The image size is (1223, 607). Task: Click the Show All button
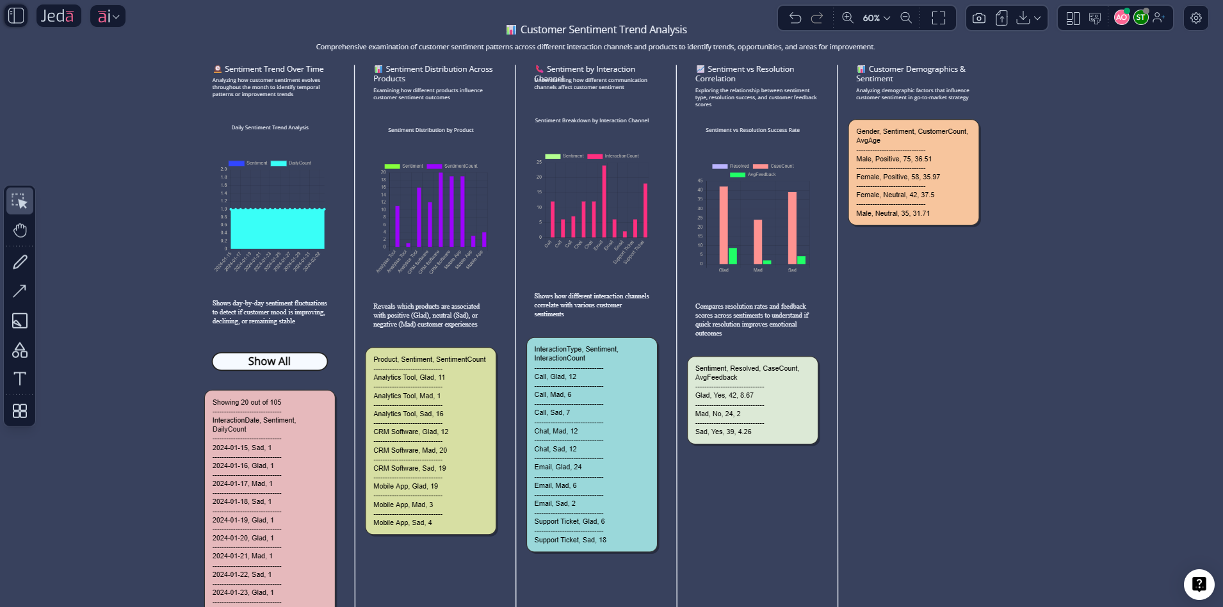coord(270,361)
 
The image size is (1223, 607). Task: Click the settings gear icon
coord(1195,18)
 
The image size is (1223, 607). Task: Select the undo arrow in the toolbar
coord(795,18)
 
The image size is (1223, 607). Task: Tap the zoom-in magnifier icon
coord(848,18)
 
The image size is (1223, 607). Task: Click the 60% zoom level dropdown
coord(876,18)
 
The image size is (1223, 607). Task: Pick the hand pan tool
coord(20,231)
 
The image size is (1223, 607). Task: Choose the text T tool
coord(20,378)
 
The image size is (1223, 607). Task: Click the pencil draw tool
coord(20,262)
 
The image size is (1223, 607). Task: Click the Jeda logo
coord(58,16)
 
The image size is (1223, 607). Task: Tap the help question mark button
coord(1199,584)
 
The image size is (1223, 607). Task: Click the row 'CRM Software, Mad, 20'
coord(410,450)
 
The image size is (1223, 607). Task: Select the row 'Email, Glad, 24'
coord(558,467)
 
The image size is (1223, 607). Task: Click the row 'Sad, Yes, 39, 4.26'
coord(723,432)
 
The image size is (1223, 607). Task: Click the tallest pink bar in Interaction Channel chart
coord(604,202)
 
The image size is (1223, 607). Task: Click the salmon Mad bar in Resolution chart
coord(757,241)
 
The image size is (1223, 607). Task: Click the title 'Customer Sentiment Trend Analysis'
coord(603,29)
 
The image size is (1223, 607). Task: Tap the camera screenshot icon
coord(978,18)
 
